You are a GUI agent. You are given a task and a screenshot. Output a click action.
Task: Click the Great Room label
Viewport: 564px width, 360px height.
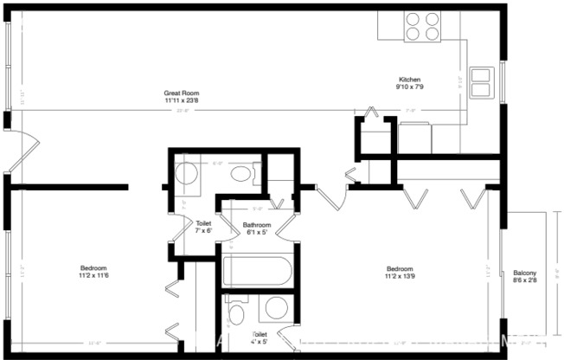[182, 93]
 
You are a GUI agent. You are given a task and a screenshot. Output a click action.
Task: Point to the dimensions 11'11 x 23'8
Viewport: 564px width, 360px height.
[182, 100]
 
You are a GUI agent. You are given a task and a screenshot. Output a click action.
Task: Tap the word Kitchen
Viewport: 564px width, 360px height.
[408, 79]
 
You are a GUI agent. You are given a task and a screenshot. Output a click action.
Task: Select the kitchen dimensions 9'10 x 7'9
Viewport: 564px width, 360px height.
[408, 87]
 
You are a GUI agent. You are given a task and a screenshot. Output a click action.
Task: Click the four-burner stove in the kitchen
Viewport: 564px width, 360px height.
[421, 25]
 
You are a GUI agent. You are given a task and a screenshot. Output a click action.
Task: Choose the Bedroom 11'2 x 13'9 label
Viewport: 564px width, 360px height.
[400, 272]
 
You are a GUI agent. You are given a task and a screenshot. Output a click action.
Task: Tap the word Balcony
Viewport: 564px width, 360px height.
[524, 272]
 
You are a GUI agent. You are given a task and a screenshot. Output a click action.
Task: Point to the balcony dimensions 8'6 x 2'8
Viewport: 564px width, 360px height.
[524, 280]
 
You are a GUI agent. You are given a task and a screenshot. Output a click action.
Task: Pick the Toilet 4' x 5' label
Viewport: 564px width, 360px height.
[260, 337]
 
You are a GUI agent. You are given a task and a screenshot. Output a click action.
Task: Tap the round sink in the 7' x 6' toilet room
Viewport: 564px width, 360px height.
[186, 173]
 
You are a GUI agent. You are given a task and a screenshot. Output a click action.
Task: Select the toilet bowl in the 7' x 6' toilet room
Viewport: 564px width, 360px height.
[242, 174]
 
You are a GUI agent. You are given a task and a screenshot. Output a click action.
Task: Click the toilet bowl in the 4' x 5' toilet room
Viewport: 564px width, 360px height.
[237, 312]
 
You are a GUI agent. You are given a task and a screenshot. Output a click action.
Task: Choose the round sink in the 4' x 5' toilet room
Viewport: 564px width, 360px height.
[277, 309]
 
